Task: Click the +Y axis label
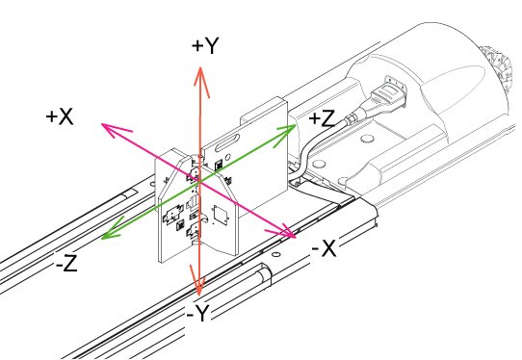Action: pos(205,45)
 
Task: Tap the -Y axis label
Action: pos(197,313)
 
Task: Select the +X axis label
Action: pos(60,116)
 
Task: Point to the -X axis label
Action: pos(324,248)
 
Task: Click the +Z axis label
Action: pos(322,118)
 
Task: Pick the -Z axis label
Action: pos(66,263)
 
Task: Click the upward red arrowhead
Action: pos(200,82)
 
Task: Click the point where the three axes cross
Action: pos(199,182)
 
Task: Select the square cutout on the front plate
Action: pos(220,215)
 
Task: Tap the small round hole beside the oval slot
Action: pos(228,157)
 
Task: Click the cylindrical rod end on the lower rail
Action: pos(265,273)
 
